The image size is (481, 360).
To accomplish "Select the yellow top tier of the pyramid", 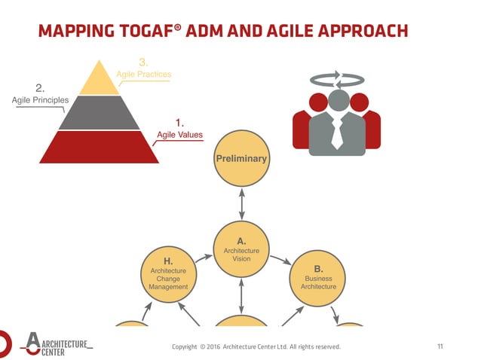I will click(100, 79).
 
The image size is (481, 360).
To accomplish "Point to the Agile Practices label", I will click(143, 75).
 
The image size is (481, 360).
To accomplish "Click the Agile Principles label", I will click(40, 99).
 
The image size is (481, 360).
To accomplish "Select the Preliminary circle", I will click(241, 159).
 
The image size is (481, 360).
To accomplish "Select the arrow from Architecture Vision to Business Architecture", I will click(280, 261).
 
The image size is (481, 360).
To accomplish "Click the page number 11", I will click(440, 346).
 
